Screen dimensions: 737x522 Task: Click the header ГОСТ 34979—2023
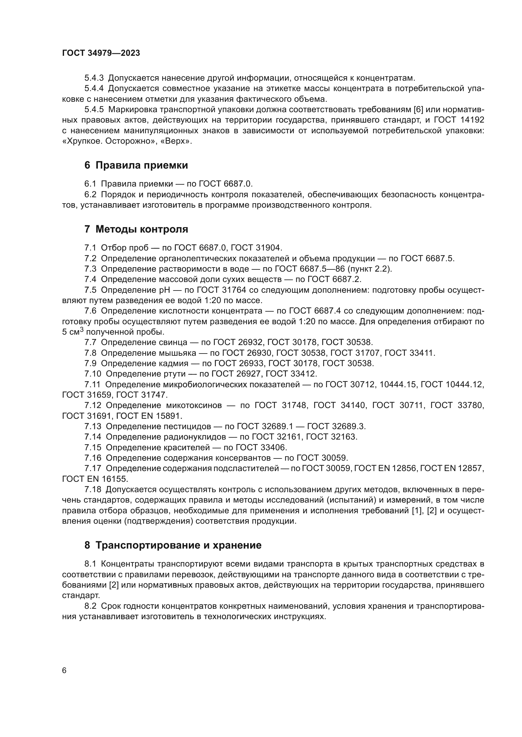pyautogui.click(x=101, y=53)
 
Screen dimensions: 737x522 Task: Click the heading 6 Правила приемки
pyautogui.click(x=136, y=165)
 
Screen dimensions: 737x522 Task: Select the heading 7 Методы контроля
pyautogui.click(x=136, y=229)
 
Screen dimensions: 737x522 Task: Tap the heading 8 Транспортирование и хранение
pyautogui.click(x=173, y=545)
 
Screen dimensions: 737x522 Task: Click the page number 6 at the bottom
pyautogui.click(x=64, y=671)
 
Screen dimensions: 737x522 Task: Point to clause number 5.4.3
pyautogui.click(x=94, y=78)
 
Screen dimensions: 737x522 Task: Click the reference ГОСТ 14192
pyautogui.click(x=459, y=120)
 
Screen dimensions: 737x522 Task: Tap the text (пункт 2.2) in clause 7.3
pyautogui.click(x=369, y=269)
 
